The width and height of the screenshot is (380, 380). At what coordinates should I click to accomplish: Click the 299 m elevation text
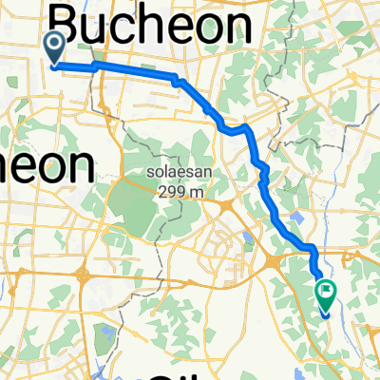point(173,189)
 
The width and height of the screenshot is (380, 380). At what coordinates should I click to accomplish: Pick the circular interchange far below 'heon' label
point(84,278)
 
